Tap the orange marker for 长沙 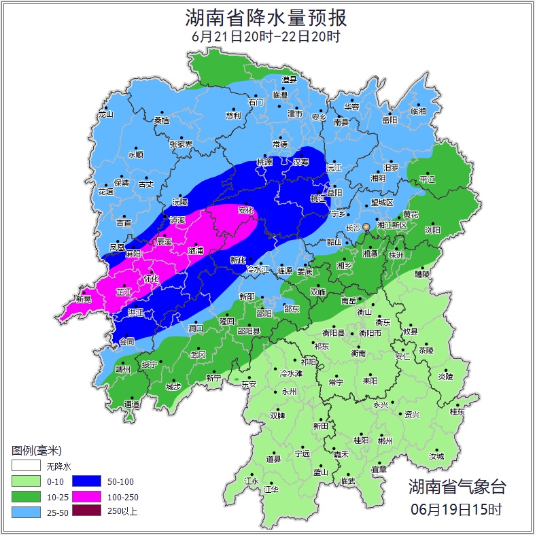point(366,226)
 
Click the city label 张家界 point(181,144)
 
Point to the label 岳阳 point(390,120)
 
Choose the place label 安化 point(245,211)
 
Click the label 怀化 point(152,279)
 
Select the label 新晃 point(84,299)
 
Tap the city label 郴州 point(385,441)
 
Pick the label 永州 point(290,392)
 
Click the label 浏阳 point(432,230)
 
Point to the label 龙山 point(105,115)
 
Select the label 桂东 point(457,412)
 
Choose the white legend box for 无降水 point(26,466)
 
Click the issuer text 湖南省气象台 point(457,487)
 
